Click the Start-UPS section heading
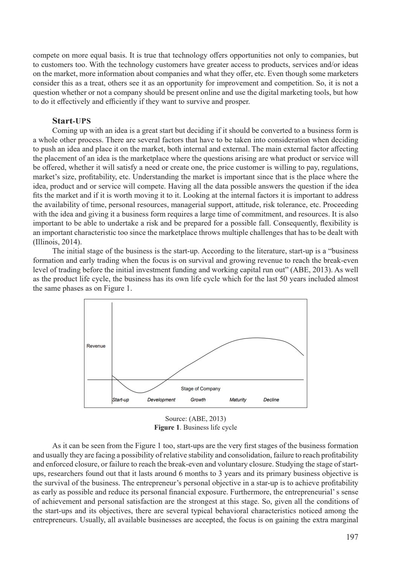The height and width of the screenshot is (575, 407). point(71,121)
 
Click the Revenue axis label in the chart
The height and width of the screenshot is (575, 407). point(96,346)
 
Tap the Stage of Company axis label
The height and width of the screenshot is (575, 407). point(200,389)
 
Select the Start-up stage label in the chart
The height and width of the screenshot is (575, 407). point(121,400)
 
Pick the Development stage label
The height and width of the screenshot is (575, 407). point(161,400)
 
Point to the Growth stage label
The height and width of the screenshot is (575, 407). point(198,400)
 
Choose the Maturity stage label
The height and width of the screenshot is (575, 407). point(238,400)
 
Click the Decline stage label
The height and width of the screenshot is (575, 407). point(271,400)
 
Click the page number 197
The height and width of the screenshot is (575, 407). point(352,537)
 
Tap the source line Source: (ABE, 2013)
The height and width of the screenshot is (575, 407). point(195,419)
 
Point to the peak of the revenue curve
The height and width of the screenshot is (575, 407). point(256,338)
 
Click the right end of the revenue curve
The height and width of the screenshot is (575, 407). point(303,355)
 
